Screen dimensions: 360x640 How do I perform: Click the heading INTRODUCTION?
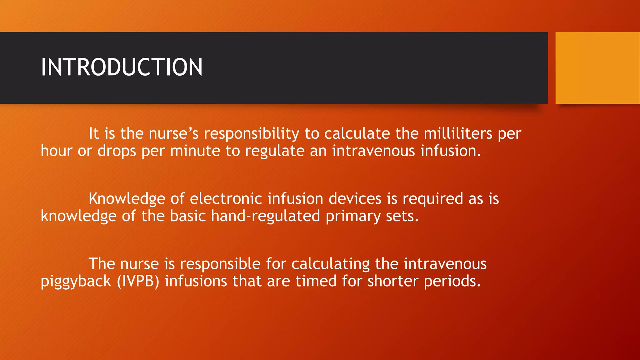click(122, 67)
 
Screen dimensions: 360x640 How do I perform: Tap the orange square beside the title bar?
click(597, 68)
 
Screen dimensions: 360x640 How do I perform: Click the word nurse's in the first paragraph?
click(173, 134)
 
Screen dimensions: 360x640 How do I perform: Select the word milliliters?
click(458, 134)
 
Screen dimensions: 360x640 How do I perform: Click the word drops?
click(117, 151)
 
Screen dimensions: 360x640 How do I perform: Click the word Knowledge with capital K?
click(127, 199)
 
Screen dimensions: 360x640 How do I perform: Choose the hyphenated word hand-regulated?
click(265, 216)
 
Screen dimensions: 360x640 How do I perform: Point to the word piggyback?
click(76, 282)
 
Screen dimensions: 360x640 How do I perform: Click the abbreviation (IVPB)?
click(138, 281)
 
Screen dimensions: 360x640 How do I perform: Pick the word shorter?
click(392, 281)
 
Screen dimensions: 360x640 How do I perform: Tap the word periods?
click(452, 282)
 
